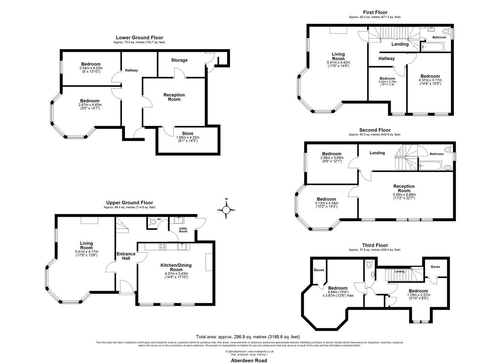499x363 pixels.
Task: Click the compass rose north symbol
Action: (226, 210)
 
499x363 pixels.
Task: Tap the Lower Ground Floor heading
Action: (139, 38)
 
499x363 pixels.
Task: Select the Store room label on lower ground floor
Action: (188, 133)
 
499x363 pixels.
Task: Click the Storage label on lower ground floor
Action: (179, 60)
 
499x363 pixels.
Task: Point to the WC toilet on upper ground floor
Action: (153, 222)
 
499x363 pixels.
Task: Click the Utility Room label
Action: (183, 230)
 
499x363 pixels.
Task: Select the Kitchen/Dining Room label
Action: (176, 267)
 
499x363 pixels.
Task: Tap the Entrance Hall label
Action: (126, 256)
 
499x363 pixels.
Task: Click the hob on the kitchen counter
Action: (162, 246)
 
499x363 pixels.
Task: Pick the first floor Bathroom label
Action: (439, 37)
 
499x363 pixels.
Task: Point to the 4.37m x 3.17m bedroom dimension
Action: (430, 80)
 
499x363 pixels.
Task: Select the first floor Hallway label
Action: (386, 58)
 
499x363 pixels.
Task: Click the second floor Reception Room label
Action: (404, 189)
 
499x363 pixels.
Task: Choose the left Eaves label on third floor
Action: (319, 270)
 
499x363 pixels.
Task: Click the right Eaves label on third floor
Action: (435, 267)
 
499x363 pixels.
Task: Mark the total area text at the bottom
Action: (248, 336)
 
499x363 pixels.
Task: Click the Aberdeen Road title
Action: (249, 360)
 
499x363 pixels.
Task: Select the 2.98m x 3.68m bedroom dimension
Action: (332, 158)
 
